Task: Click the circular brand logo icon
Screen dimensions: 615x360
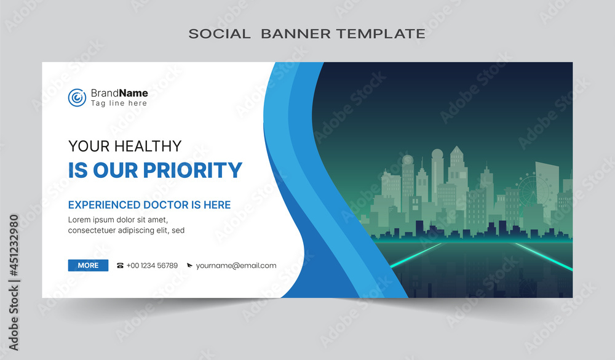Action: (x=77, y=97)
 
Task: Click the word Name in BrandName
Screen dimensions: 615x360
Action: (x=133, y=93)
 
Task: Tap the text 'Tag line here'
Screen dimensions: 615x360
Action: (x=119, y=103)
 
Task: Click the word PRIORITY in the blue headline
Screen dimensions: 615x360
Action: (x=192, y=170)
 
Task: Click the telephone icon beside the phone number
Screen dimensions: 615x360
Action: (x=120, y=266)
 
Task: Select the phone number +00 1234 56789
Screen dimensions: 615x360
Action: (x=152, y=266)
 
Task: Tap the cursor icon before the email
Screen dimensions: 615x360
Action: (x=189, y=266)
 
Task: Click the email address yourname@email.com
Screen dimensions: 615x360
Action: (x=236, y=266)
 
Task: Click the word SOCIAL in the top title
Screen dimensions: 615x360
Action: (x=220, y=34)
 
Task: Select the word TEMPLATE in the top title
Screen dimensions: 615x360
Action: (x=381, y=34)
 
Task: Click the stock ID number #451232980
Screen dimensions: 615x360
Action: (x=14, y=246)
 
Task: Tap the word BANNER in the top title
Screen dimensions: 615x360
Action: (x=296, y=34)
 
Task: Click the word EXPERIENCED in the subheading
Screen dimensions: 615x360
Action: (x=104, y=205)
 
